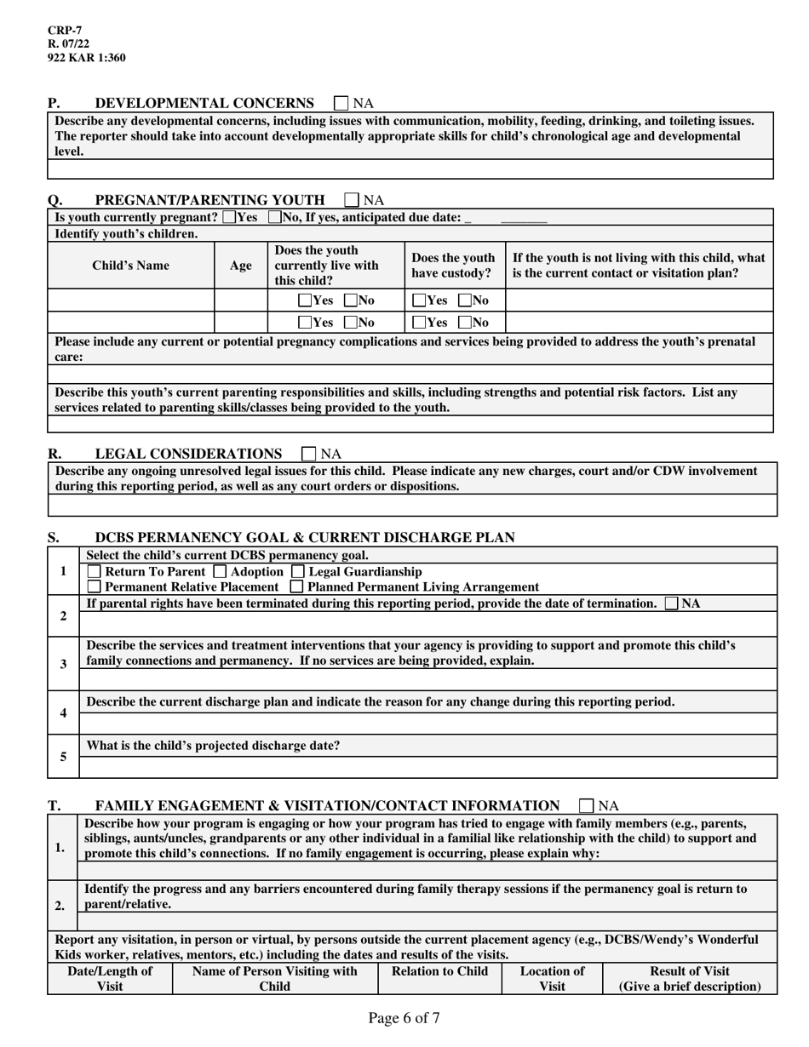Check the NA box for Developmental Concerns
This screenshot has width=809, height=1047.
coord(341,103)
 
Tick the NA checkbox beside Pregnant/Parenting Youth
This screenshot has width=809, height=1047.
coord(352,200)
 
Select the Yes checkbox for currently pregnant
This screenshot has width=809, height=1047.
coord(228,217)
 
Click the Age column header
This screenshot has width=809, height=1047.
coord(241,266)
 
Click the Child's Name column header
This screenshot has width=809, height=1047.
coord(130,266)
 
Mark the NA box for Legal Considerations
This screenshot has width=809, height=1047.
coord(310,454)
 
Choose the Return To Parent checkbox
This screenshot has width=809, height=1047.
coord(95,571)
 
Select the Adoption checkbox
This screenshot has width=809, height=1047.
coord(220,571)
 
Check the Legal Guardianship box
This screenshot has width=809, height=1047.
coord(298,571)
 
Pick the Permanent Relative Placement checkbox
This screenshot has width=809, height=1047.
coord(95,586)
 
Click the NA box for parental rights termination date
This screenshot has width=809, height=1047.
coord(672,604)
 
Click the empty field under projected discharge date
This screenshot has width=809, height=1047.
coord(427,767)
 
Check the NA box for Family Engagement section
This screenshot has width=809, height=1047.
coord(586,805)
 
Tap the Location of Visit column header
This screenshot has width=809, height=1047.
coord(552,978)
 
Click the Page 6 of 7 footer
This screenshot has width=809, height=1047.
coord(404,1018)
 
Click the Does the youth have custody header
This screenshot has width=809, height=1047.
coord(453,266)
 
